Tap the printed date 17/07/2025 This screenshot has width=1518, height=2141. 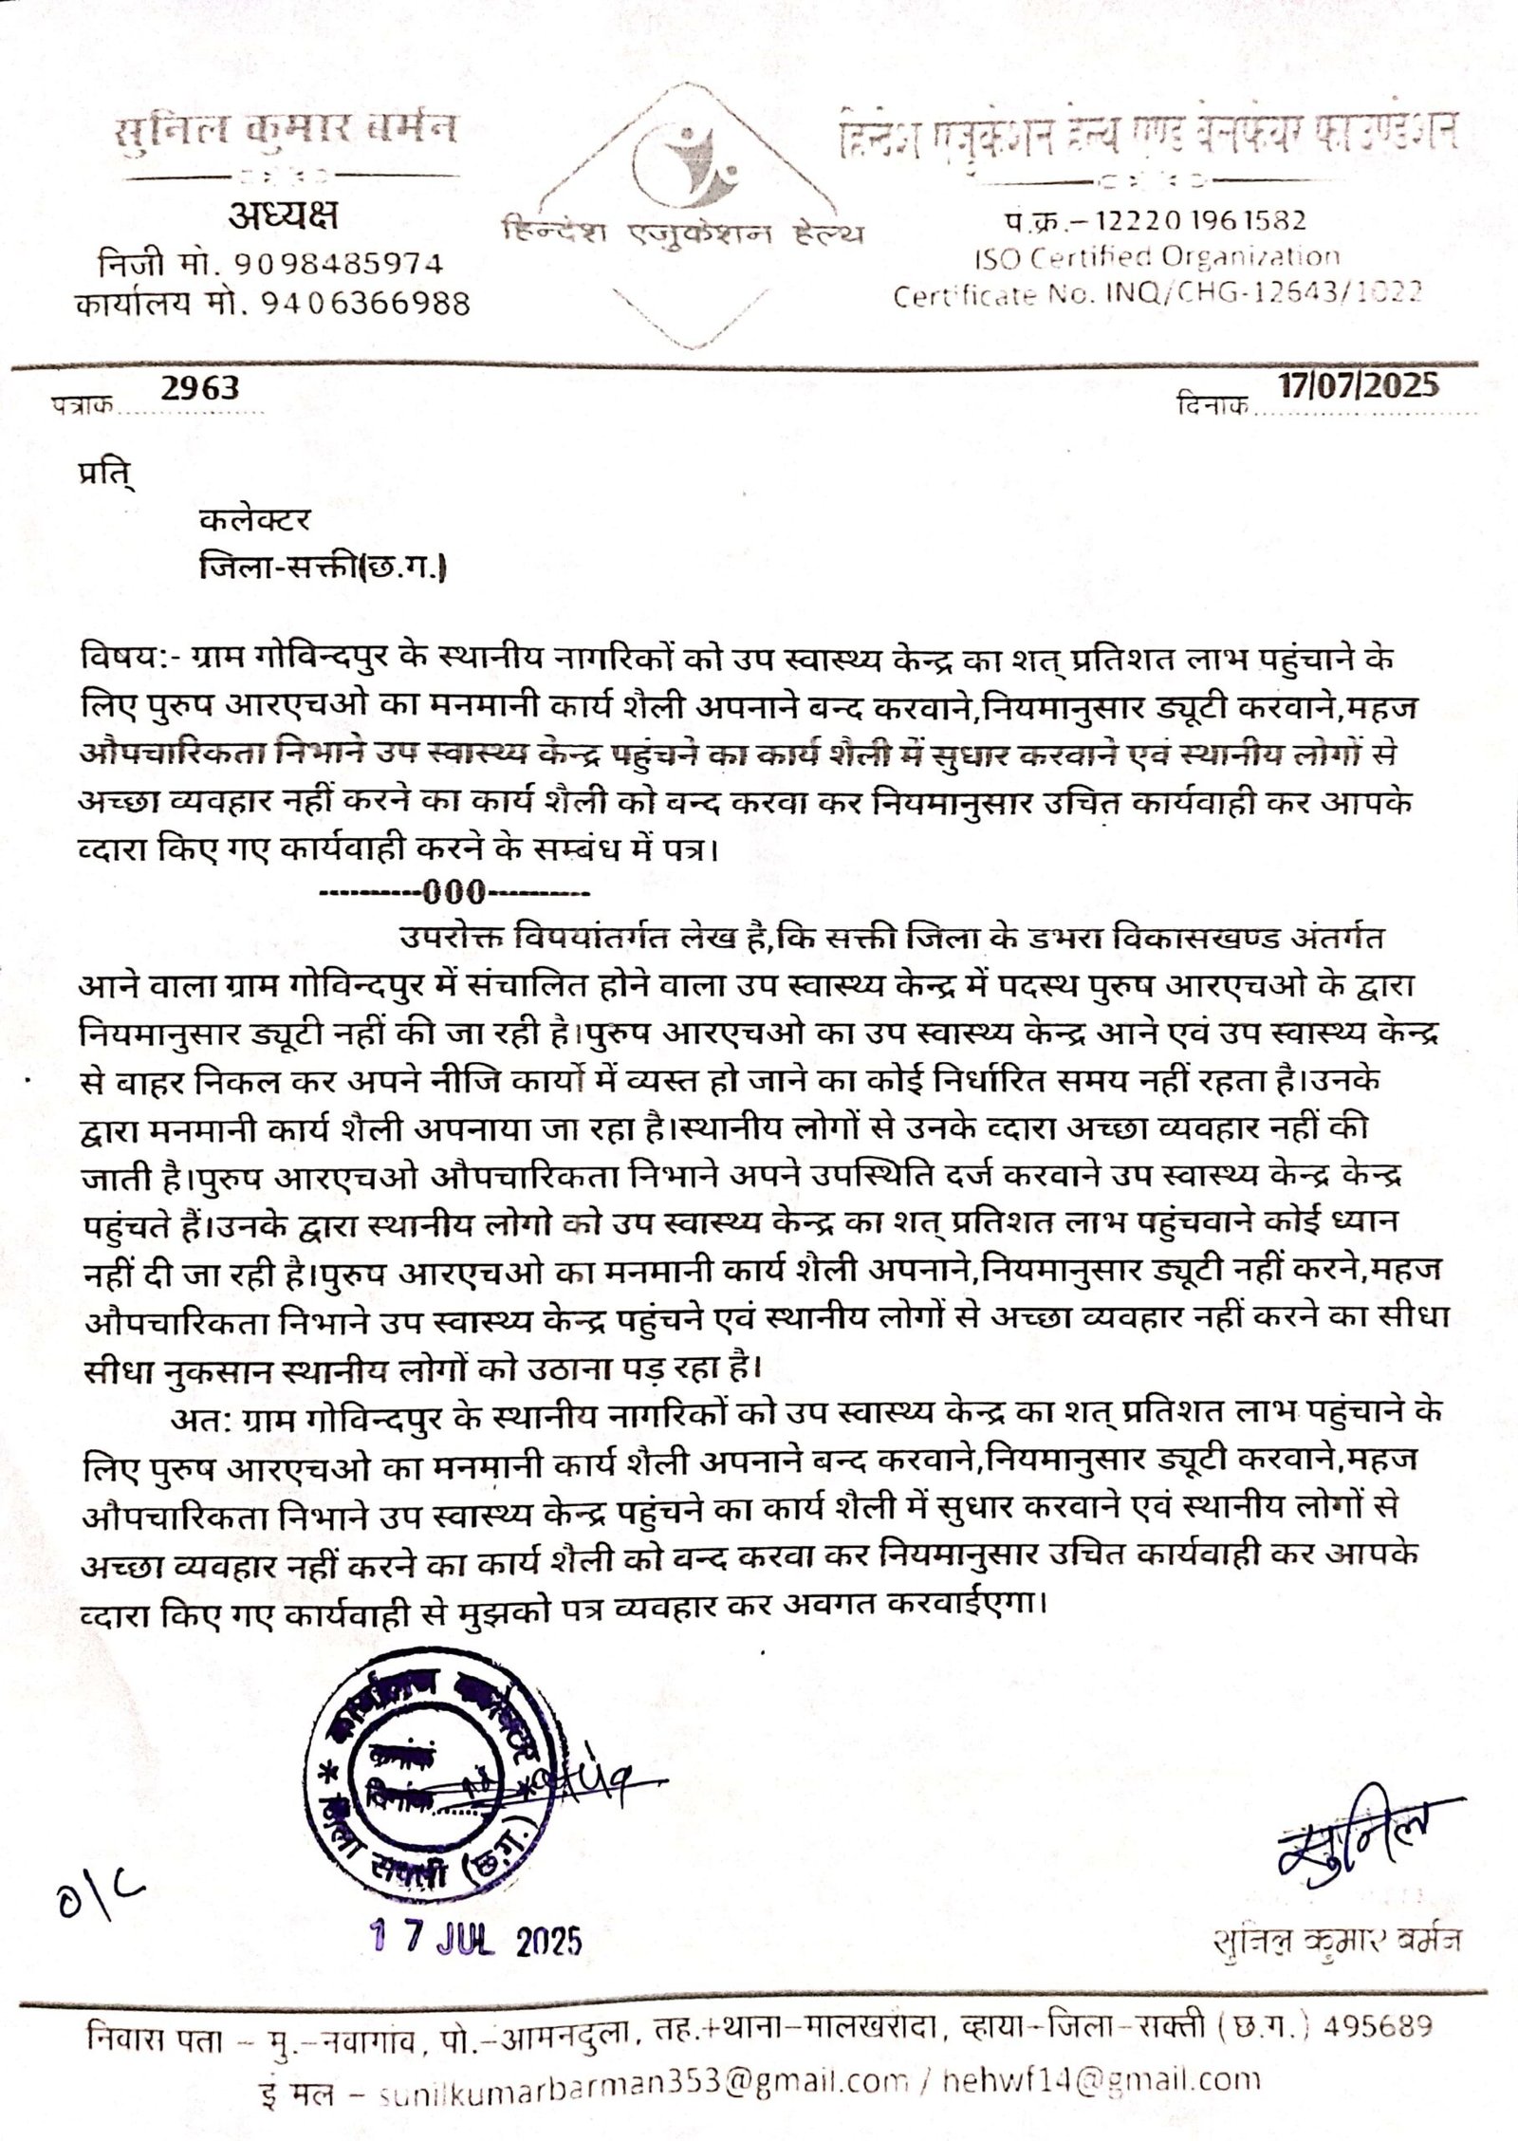[1357, 385]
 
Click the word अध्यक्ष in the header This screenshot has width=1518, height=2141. [282, 218]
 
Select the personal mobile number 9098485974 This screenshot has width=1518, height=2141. [339, 263]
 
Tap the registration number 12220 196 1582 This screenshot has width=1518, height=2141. [1200, 221]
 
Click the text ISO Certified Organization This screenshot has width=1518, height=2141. [1157, 257]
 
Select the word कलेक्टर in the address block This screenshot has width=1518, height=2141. [255, 520]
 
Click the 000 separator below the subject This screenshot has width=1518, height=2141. [455, 893]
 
